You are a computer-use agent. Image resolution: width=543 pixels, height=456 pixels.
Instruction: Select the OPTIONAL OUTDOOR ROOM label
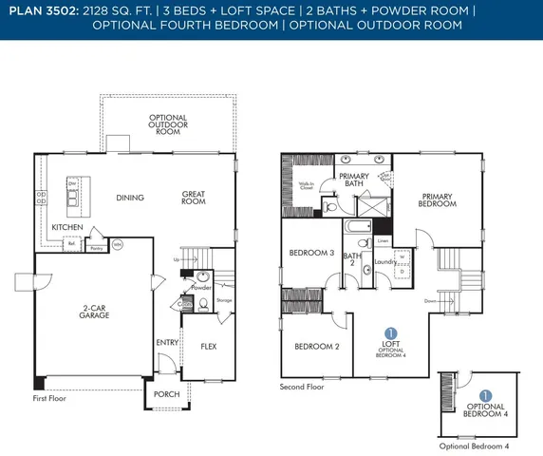coord(168,124)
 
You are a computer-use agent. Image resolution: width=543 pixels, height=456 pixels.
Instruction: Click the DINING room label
coord(128,199)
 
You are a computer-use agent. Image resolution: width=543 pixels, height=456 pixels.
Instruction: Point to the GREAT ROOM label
coord(195,198)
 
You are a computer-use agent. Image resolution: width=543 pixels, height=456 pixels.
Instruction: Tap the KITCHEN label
coord(66,228)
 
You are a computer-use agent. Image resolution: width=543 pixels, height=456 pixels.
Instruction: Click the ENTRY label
coord(167,342)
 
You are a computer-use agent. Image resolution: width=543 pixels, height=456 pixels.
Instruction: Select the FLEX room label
coord(209,346)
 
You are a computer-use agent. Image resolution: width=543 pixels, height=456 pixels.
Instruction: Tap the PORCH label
coord(166,394)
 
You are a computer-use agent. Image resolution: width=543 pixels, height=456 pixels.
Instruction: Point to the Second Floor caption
coord(302,388)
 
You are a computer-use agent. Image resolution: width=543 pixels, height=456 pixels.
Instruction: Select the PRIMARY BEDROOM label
coord(438,200)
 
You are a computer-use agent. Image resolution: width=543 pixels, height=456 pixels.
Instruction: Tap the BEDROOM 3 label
coord(311,253)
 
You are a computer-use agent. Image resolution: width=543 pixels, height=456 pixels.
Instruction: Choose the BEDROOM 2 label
coord(316,346)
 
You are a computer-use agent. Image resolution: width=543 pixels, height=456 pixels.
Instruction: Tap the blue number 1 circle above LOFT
coord(390,333)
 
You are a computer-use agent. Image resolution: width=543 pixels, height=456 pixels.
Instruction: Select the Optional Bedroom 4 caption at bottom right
coord(475,446)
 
